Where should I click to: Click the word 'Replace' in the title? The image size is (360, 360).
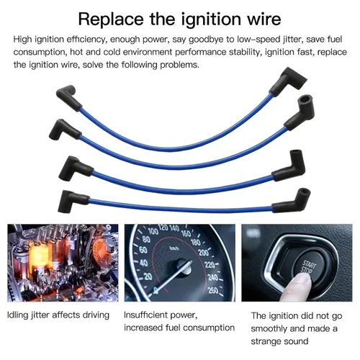111,19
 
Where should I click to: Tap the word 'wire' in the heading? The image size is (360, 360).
264,19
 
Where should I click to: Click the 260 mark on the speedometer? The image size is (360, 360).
213,290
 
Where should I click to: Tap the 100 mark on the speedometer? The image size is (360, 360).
153,231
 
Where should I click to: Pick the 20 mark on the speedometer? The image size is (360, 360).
148,276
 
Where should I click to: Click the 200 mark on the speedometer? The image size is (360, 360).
203,252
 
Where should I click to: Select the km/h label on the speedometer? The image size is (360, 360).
174,248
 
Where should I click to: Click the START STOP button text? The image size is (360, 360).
307,268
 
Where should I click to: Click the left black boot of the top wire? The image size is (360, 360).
68,97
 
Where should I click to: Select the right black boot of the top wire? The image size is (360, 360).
288,81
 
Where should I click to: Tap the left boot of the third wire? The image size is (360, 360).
74,168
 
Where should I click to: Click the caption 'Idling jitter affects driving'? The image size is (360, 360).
58,315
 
